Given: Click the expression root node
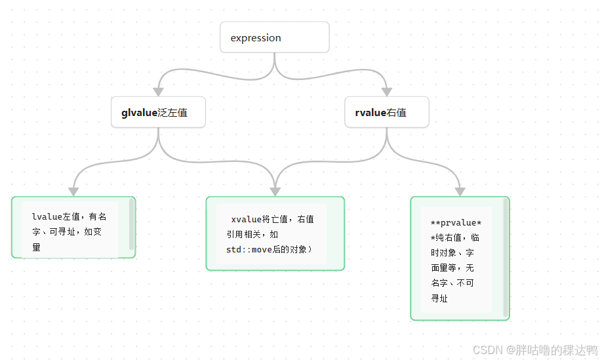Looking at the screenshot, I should (x=274, y=37).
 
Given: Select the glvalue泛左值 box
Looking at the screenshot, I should (x=158, y=112).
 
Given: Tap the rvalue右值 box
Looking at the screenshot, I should (x=386, y=112).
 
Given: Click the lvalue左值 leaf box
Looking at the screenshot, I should (x=73, y=228).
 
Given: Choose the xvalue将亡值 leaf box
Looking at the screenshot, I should (x=275, y=233).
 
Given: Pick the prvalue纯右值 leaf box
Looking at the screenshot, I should (x=459, y=258).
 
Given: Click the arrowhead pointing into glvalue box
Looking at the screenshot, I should (x=158, y=91).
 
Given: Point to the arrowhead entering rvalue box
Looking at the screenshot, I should (x=386, y=91).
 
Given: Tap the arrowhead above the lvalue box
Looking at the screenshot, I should (x=73, y=191).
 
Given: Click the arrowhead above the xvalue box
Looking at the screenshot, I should (x=275, y=191).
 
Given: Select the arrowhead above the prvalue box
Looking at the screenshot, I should (x=460, y=191).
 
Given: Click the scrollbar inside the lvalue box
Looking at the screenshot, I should (x=132, y=225).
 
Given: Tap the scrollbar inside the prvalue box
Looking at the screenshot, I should (x=505, y=258).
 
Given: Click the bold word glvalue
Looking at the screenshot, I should (x=139, y=113).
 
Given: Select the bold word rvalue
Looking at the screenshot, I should (x=370, y=113).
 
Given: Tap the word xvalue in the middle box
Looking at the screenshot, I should (x=247, y=218).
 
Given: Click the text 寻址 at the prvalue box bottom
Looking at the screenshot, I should (x=439, y=298).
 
